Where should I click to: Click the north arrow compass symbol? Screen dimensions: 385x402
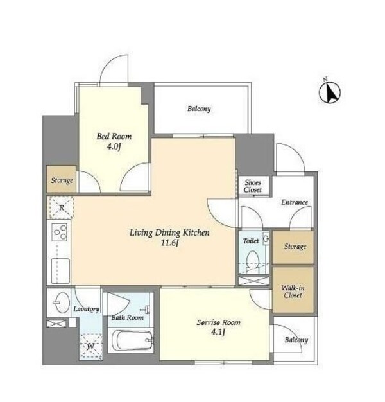coord(329,92)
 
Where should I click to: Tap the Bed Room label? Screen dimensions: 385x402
coord(114,136)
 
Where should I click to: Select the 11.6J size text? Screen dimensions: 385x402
coord(169,243)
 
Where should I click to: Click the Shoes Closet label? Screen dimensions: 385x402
coord(253,186)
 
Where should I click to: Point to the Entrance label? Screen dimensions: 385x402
coord(295,202)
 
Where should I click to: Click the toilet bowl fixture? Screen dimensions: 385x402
coord(253,261)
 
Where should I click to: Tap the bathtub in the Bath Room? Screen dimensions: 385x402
coord(131,340)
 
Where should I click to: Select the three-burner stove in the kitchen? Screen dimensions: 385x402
coord(60,232)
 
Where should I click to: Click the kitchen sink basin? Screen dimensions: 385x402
coord(60,271)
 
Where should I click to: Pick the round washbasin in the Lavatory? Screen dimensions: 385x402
coord(62,302)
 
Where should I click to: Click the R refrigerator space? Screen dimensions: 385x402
coord(61,207)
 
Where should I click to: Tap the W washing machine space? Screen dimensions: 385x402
coord(90,346)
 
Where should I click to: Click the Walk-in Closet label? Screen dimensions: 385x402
coord(293,292)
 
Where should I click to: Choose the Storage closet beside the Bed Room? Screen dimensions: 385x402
coord(62,179)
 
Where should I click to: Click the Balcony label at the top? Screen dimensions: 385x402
coord(199,109)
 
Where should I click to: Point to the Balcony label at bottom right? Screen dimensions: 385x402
coord(296,340)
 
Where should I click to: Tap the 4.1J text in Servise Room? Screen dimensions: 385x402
coord(218,332)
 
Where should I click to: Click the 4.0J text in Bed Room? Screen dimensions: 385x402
coord(114,147)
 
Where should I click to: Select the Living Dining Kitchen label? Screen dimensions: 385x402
coord(169,233)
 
